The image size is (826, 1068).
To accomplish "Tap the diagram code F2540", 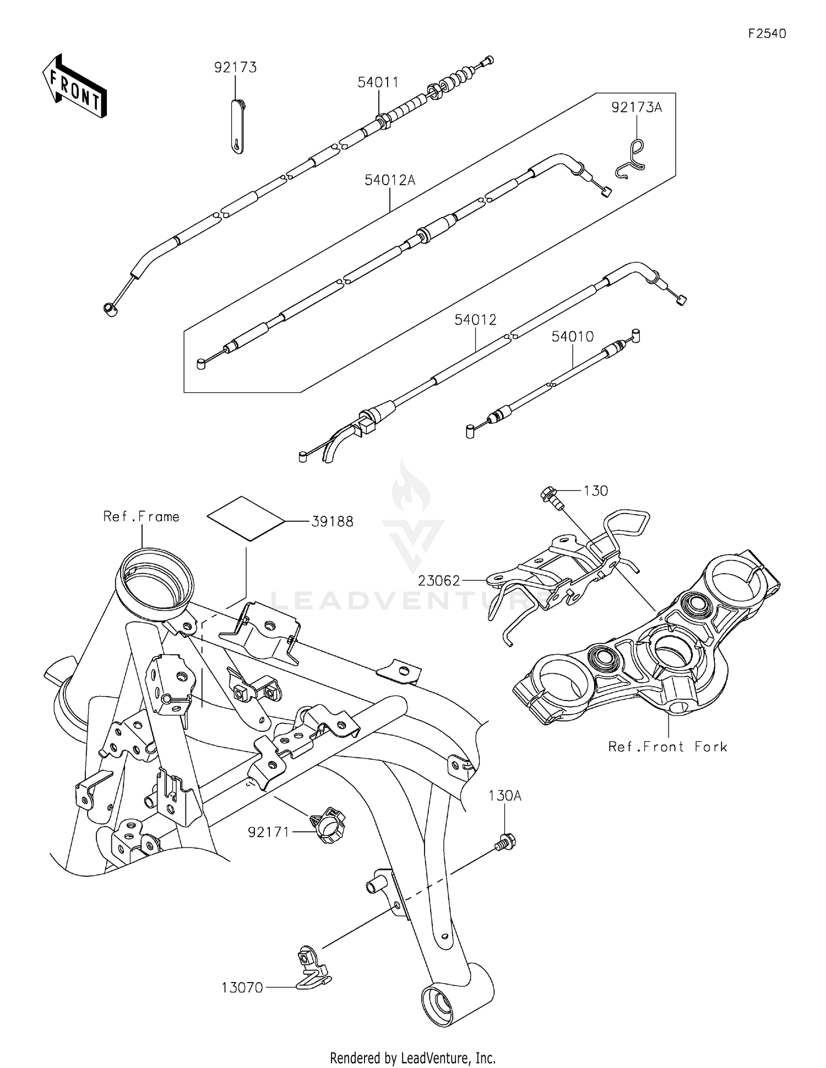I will (x=767, y=34).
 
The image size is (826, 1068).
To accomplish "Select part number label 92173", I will (x=235, y=67).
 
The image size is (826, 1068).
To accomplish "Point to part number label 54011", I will (x=378, y=82).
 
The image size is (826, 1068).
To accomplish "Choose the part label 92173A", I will (x=637, y=107).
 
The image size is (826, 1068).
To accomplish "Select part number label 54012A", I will (x=390, y=180).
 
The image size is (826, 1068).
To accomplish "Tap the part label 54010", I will (x=573, y=336).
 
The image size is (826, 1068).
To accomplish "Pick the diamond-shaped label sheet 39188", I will (x=246, y=519).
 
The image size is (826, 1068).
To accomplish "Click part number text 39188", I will (x=332, y=521).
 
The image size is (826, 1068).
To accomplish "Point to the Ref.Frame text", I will (x=142, y=516).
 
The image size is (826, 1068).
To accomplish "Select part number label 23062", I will (x=439, y=580).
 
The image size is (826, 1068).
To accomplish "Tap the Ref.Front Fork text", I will (x=667, y=747).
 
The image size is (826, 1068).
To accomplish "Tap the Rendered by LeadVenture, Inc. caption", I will (x=412, y=1058).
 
